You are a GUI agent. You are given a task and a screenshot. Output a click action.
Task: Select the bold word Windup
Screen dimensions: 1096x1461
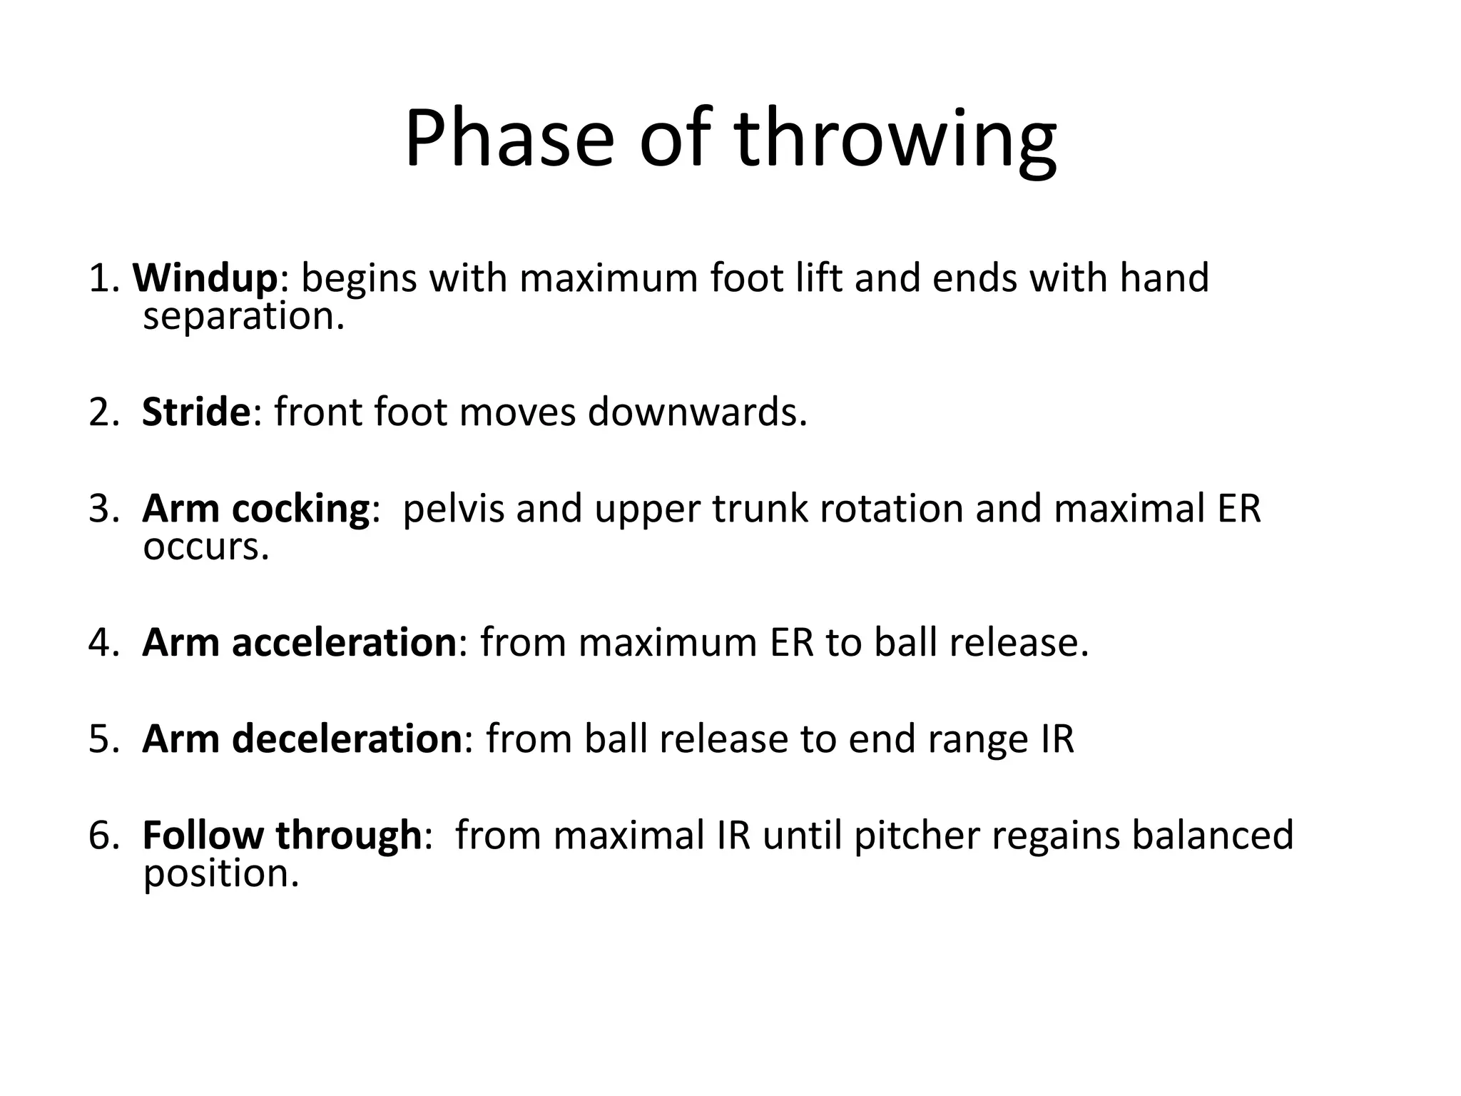click(205, 278)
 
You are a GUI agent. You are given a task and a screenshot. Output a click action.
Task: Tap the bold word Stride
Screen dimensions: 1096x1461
click(196, 412)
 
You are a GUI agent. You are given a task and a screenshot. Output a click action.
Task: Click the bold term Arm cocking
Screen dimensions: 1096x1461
click(255, 509)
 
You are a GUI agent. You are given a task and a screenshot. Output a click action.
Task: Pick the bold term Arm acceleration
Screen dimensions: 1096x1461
click(299, 642)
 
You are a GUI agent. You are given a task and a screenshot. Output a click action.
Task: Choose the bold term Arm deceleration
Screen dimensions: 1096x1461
click(302, 739)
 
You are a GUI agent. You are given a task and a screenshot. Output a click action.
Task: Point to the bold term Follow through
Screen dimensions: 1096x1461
click(282, 835)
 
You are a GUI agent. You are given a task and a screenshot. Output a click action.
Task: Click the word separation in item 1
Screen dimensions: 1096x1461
click(243, 316)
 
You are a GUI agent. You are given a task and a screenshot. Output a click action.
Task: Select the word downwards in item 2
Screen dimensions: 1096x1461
click(697, 412)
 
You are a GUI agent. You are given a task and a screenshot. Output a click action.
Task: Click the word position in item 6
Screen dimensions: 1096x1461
click(220, 873)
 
